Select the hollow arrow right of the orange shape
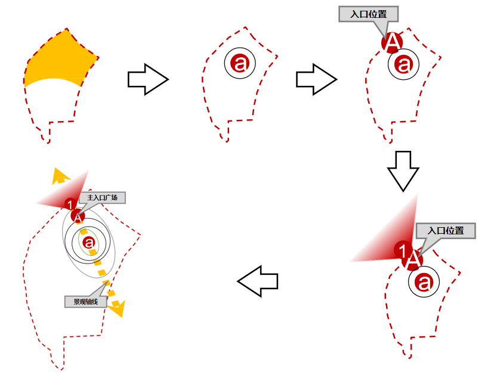click(x=148, y=80)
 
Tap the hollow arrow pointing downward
click(x=403, y=171)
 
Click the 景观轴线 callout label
click(x=85, y=301)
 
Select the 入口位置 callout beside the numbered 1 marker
click(x=446, y=231)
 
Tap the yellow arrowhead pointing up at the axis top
click(x=58, y=175)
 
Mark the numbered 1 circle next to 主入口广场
click(x=70, y=205)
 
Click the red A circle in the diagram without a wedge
click(x=393, y=42)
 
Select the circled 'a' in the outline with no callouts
click(x=240, y=62)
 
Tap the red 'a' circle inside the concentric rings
click(x=89, y=242)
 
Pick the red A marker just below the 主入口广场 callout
click(x=78, y=216)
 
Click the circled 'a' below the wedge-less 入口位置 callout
click(x=404, y=64)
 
